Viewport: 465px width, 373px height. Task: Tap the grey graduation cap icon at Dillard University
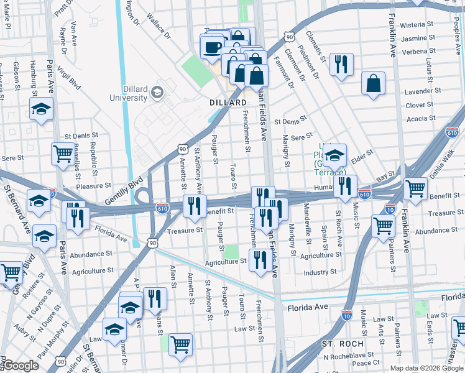click(x=157, y=93)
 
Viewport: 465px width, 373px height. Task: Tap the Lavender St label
click(x=418, y=91)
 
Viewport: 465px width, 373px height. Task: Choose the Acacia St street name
click(x=421, y=118)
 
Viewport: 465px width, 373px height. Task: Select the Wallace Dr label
click(x=159, y=27)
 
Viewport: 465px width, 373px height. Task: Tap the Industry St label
click(x=320, y=272)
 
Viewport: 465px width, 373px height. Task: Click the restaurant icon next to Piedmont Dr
click(x=341, y=65)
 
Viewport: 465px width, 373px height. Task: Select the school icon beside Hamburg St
click(x=41, y=109)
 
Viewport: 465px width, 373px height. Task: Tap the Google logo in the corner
click(x=21, y=366)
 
